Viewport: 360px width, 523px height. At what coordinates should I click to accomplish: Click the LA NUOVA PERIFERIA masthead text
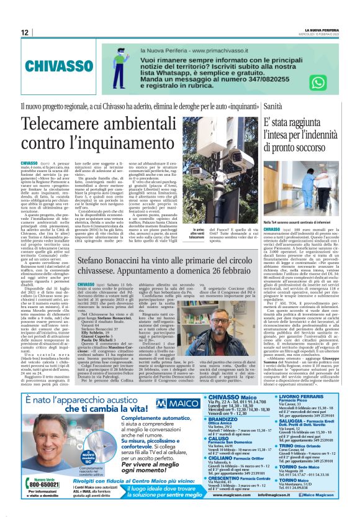coord(322,29)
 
